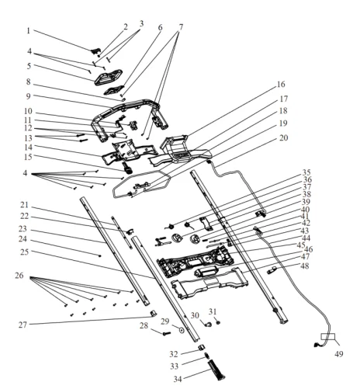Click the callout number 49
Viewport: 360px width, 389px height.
(339, 354)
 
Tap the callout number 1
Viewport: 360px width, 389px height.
(29, 31)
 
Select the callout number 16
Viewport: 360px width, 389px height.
(281, 85)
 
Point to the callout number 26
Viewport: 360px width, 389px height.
(19, 276)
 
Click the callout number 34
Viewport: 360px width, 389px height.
(178, 380)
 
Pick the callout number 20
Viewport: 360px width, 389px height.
(284, 137)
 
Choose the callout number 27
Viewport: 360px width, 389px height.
(22, 325)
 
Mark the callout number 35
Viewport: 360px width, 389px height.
(306, 172)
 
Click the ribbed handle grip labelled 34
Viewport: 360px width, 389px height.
(216, 370)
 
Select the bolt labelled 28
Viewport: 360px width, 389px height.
(167, 334)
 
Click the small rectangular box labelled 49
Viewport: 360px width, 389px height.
(328, 337)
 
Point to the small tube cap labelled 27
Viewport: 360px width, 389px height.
(154, 314)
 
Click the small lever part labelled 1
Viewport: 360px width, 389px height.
(96, 50)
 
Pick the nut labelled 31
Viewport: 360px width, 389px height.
(218, 322)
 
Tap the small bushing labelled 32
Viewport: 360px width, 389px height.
(202, 347)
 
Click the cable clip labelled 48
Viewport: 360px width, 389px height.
(272, 270)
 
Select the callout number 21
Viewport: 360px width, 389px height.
(24, 205)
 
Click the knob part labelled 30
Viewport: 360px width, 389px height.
(208, 324)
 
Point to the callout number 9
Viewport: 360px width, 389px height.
(28, 96)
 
